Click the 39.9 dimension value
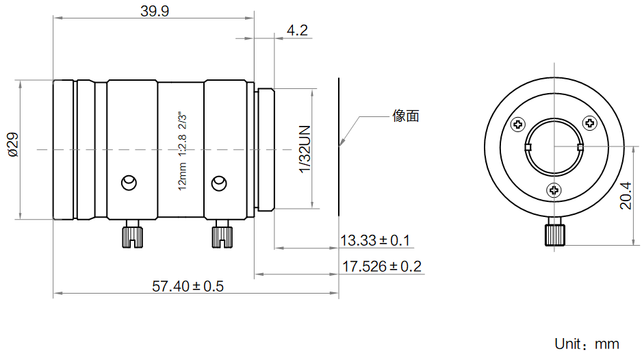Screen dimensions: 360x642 [154, 11]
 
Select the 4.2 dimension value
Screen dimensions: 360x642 [297, 30]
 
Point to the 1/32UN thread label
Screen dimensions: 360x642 [305, 149]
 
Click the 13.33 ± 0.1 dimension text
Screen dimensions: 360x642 [374, 240]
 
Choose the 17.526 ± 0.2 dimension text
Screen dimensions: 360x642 [381, 266]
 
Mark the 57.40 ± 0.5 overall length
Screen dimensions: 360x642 [188, 286]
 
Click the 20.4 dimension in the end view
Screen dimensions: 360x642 [625, 195]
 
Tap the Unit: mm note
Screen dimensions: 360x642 [587, 344]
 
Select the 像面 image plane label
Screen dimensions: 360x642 [406, 116]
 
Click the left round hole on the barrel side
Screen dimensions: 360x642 [128, 183]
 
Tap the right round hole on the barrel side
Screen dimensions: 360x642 [218, 183]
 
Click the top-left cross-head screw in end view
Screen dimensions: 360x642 [518, 125]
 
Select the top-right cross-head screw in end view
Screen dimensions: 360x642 [589, 123]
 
